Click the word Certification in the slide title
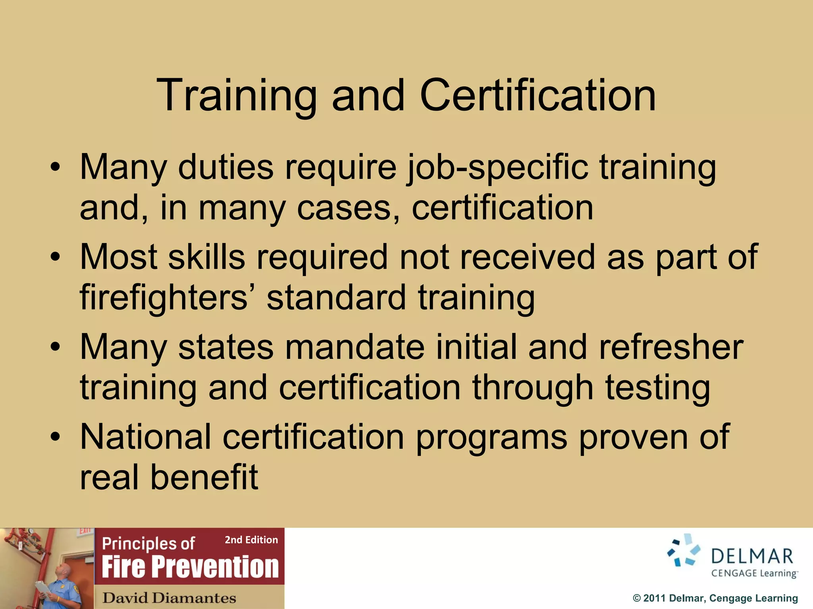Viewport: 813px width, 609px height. (x=538, y=95)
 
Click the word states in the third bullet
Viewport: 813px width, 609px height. (x=225, y=347)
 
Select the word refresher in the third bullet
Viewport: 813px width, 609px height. (x=671, y=347)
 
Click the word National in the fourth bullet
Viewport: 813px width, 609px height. (x=145, y=437)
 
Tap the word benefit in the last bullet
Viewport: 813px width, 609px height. (x=204, y=477)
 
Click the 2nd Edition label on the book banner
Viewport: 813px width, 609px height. (x=251, y=540)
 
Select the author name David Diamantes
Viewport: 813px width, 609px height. (x=169, y=598)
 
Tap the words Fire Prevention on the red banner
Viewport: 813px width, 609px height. (x=190, y=567)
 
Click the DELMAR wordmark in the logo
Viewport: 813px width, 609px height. (x=752, y=556)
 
